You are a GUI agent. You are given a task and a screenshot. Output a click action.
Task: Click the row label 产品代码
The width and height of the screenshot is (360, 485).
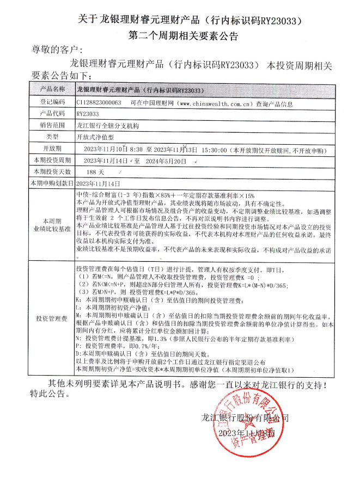[x=52, y=114]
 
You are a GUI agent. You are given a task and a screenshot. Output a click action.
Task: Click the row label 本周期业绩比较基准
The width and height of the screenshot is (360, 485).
[x=52, y=225]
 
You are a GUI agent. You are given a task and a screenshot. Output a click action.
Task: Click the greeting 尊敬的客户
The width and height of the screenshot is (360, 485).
[x=57, y=50]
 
